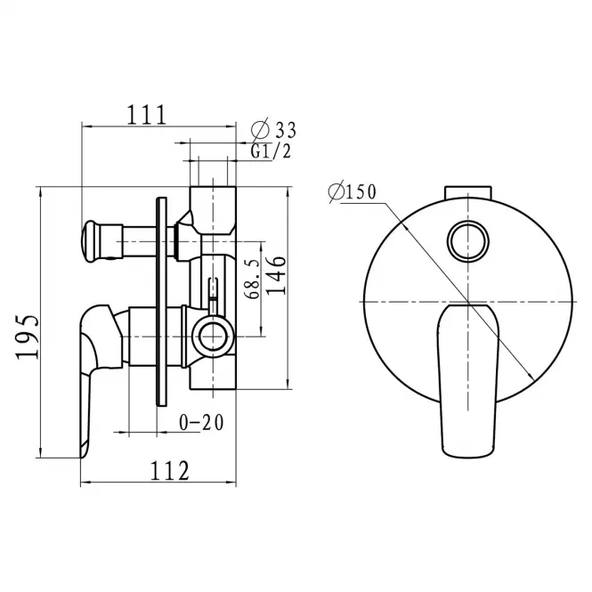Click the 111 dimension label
(x=147, y=115)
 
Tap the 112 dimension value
(x=170, y=470)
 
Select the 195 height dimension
(x=28, y=337)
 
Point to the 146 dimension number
(x=276, y=275)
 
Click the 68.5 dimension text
(x=253, y=279)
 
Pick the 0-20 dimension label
(x=201, y=423)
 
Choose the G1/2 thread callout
(x=272, y=151)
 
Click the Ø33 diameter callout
(x=273, y=129)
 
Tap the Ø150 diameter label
(x=353, y=191)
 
